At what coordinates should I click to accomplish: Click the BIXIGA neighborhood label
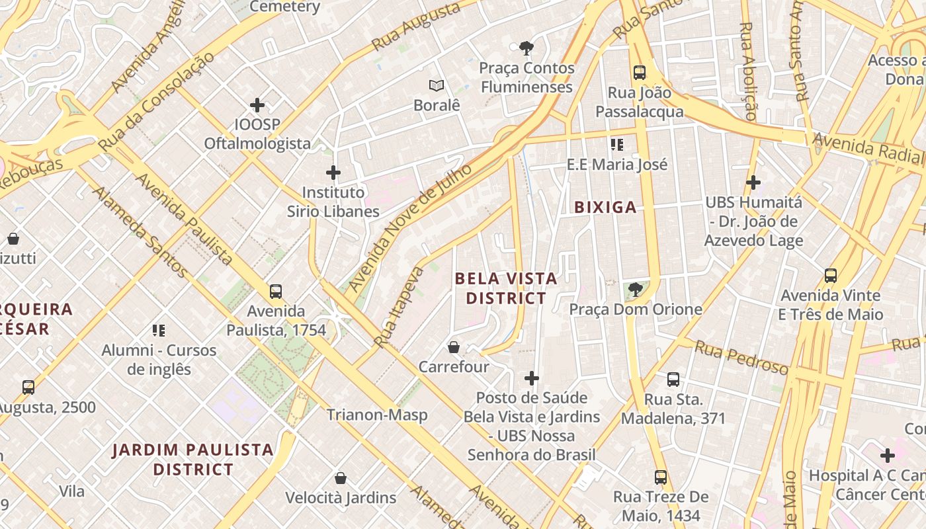tap(605, 208)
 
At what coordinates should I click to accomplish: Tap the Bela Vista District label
tap(506, 288)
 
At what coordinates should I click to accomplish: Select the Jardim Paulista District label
tap(192, 460)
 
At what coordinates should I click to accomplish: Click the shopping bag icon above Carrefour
tap(454, 347)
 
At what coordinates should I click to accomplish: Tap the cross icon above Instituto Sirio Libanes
tap(333, 173)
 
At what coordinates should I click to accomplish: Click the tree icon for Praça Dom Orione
tap(635, 289)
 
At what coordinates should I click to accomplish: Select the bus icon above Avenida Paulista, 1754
tap(276, 291)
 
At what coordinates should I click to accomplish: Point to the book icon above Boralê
tap(436, 85)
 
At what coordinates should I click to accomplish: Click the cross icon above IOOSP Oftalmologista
tap(257, 105)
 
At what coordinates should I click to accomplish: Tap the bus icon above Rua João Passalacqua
tap(639, 73)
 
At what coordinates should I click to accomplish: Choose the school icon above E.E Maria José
tap(617, 144)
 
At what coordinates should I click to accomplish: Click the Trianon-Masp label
tap(377, 415)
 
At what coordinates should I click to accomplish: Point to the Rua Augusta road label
tap(416, 27)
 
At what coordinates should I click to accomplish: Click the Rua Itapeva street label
tap(398, 307)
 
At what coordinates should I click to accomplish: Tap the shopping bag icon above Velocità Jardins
tap(341, 478)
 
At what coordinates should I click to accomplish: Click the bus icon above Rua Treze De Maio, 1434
tap(660, 477)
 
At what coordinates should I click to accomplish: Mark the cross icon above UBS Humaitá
tap(753, 183)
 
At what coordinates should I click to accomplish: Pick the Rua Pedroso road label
tap(741, 357)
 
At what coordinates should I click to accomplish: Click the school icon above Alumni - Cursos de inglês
tap(159, 330)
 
